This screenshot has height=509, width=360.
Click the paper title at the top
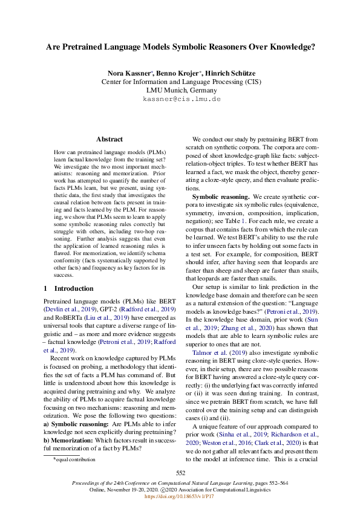point(180,46)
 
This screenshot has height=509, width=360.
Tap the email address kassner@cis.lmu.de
point(181,99)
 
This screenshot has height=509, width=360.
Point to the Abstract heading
point(110,139)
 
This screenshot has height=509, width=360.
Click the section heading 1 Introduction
point(69,288)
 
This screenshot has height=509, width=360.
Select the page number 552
point(180,473)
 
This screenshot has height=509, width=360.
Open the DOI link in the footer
point(180,497)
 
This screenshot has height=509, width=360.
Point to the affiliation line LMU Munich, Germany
point(180,89)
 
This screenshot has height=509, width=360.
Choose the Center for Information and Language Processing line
point(180,81)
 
